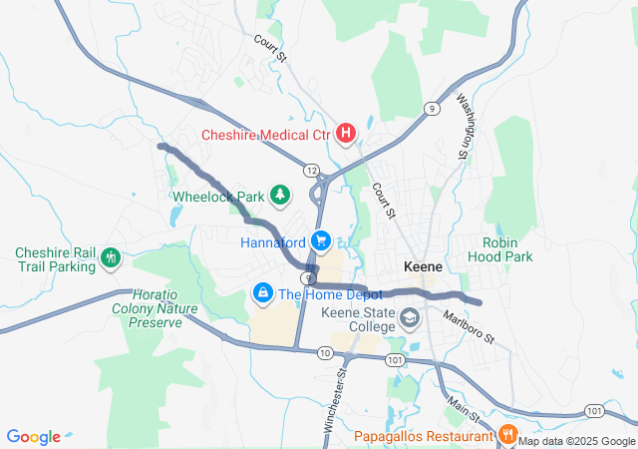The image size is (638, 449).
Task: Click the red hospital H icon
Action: pyautogui.click(x=346, y=133)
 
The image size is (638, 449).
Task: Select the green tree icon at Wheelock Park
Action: pyautogui.click(x=281, y=196)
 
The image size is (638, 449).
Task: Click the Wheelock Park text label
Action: pyautogui.click(x=217, y=197)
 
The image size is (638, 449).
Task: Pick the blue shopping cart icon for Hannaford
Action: pyautogui.click(x=320, y=241)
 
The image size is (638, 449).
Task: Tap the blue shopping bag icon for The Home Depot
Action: pyautogui.click(x=263, y=293)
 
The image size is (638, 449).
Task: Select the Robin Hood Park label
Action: pyautogui.click(x=507, y=249)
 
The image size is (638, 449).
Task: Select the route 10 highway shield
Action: pyautogui.click(x=325, y=353)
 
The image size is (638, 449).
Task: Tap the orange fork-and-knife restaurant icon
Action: pyautogui.click(x=506, y=434)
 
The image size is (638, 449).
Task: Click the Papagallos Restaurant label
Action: pyautogui.click(x=424, y=435)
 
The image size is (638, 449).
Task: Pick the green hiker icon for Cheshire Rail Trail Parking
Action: pyautogui.click(x=111, y=259)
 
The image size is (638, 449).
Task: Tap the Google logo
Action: pyautogui.click(x=34, y=437)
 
